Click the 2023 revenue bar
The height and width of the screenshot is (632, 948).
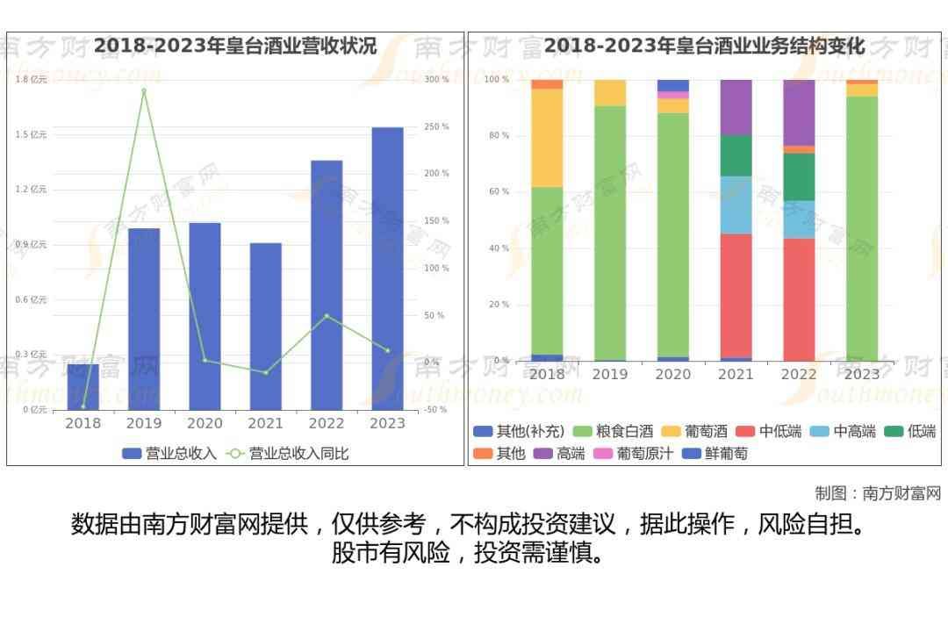(387, 268)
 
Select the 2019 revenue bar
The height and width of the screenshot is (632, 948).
(144, 319)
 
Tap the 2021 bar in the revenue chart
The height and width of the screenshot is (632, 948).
(265, 326)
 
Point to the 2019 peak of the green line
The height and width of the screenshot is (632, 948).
(144, 90)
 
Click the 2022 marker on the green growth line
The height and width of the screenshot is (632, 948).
(327, 316)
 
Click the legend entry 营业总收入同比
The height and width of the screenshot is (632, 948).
(288, 454)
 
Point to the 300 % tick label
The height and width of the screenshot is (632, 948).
(436, 80)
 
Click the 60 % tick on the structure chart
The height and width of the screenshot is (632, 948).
(498, 192)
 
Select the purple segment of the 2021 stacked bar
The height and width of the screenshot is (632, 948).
(736, 106)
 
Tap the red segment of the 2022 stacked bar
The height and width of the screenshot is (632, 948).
(799, 299)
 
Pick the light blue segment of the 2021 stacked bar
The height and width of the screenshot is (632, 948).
(736, 205)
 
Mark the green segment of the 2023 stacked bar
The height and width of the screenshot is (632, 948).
(862, 228)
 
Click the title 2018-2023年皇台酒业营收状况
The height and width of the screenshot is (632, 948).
(235, 46)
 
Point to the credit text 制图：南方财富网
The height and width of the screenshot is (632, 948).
(878, 493)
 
